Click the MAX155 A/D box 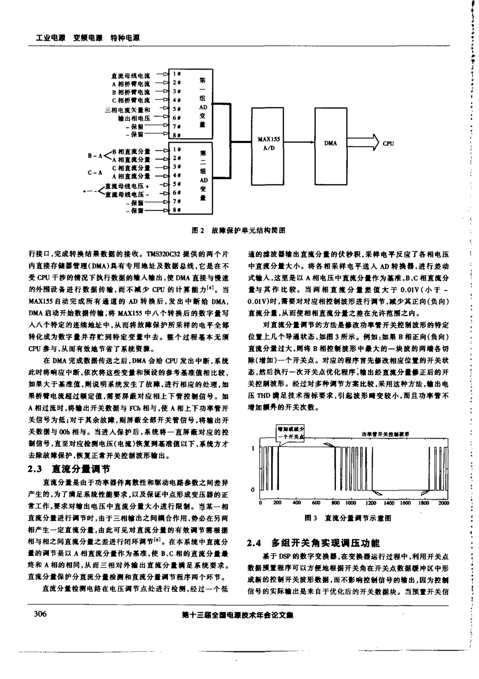[x=265, y=143]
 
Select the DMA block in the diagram [x=330, y=143]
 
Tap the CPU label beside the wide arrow [x=388, y=143]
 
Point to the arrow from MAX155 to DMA [x=297, y=143]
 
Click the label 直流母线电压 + [x=131, y=185]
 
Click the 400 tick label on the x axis [x=296, y=503]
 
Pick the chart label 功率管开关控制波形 [x=385, y=433]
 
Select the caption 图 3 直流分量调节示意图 [x=348, y=517]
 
